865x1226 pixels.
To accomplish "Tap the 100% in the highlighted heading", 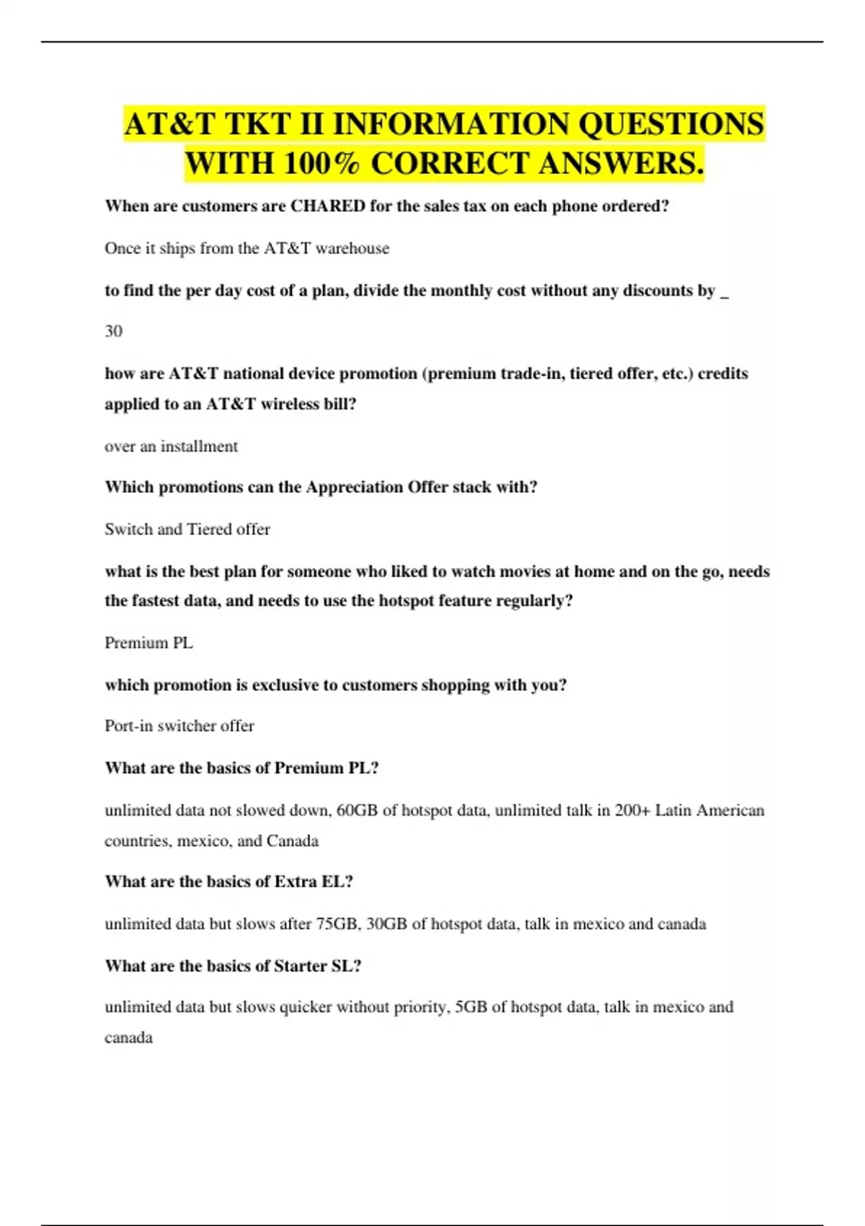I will tap(321, 164).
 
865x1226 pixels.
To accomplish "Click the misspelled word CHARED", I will tap(327, 206).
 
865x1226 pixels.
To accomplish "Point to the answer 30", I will tap(113, 331).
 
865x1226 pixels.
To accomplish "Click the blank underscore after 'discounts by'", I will tap(724, 292).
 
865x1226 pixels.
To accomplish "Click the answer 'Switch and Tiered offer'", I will tap(187, 529).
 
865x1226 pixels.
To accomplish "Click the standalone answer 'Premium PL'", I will tap(148, 643).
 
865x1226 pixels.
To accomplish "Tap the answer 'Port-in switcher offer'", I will tap(179, 726).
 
